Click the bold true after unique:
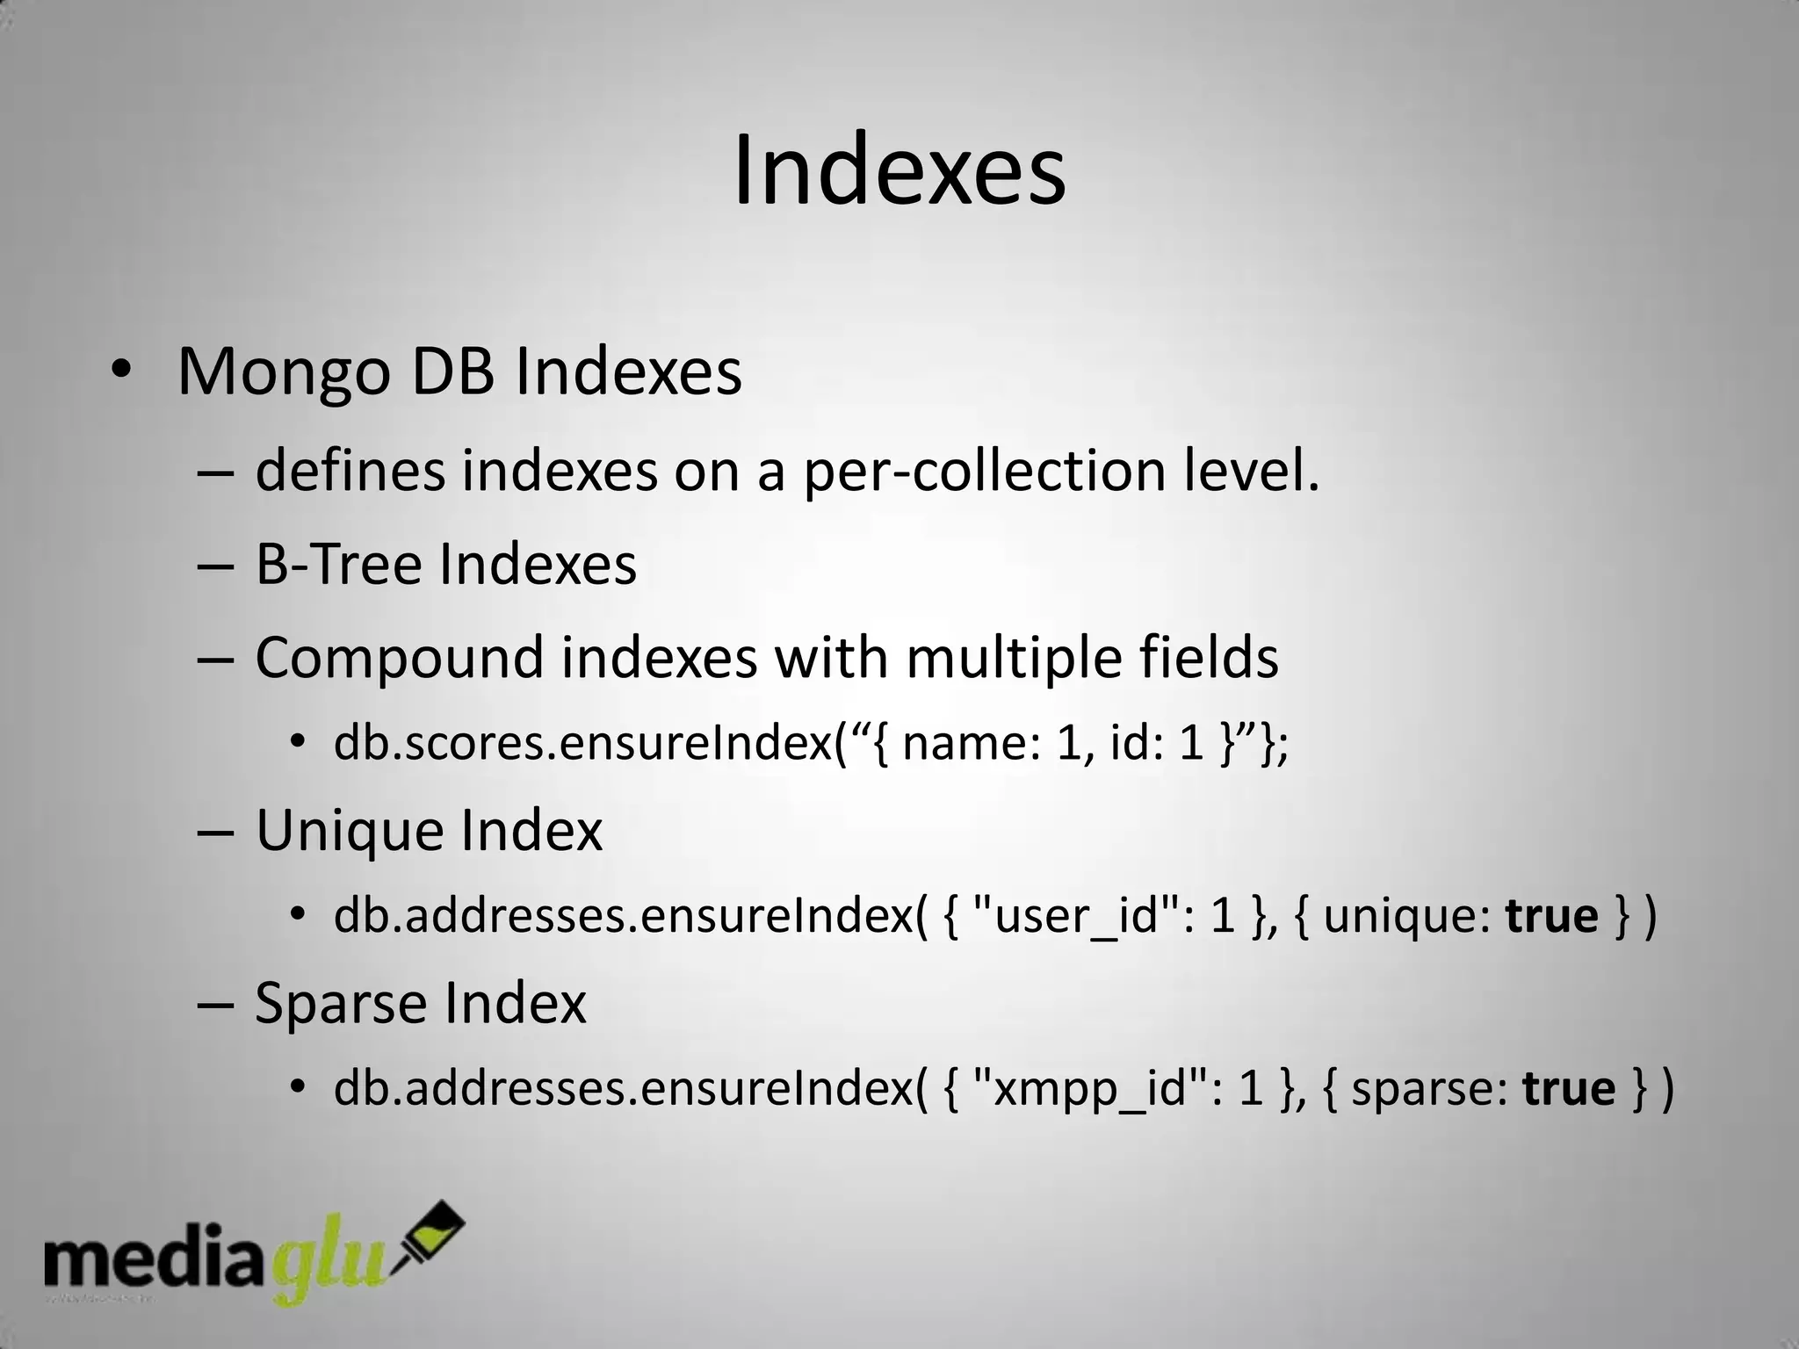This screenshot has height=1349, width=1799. click(x=1551, y=916)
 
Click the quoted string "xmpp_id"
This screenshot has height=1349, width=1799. click(x=1092, y=1089)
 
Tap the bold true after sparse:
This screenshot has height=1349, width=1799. click(x=1569, y=1089)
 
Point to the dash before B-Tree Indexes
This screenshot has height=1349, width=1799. click(x=214, y=566)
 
